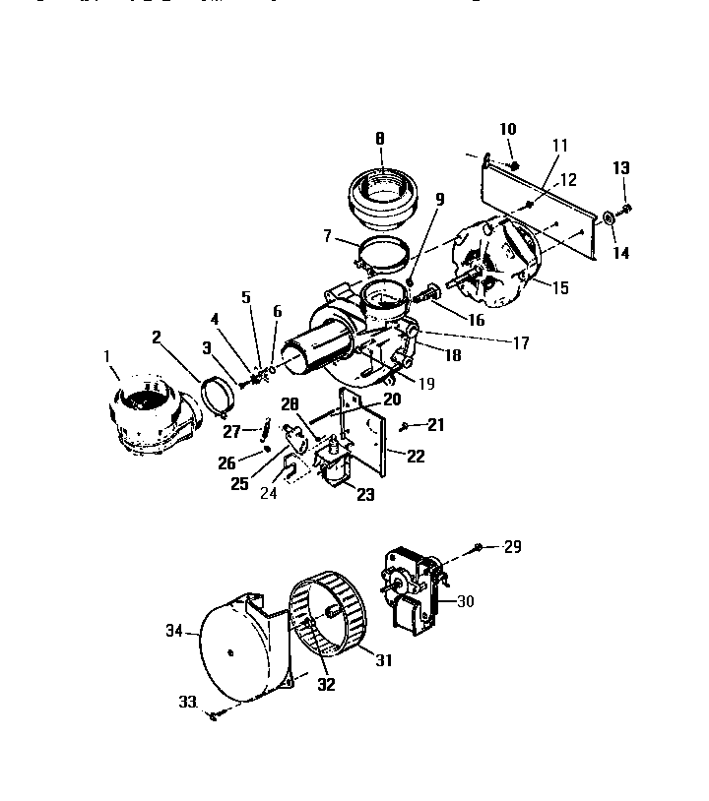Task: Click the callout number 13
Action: (x=620, y=169)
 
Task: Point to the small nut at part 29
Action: (x=478, y=546)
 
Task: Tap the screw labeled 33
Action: (x=214, y=716)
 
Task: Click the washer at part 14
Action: (x=608, y=217)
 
